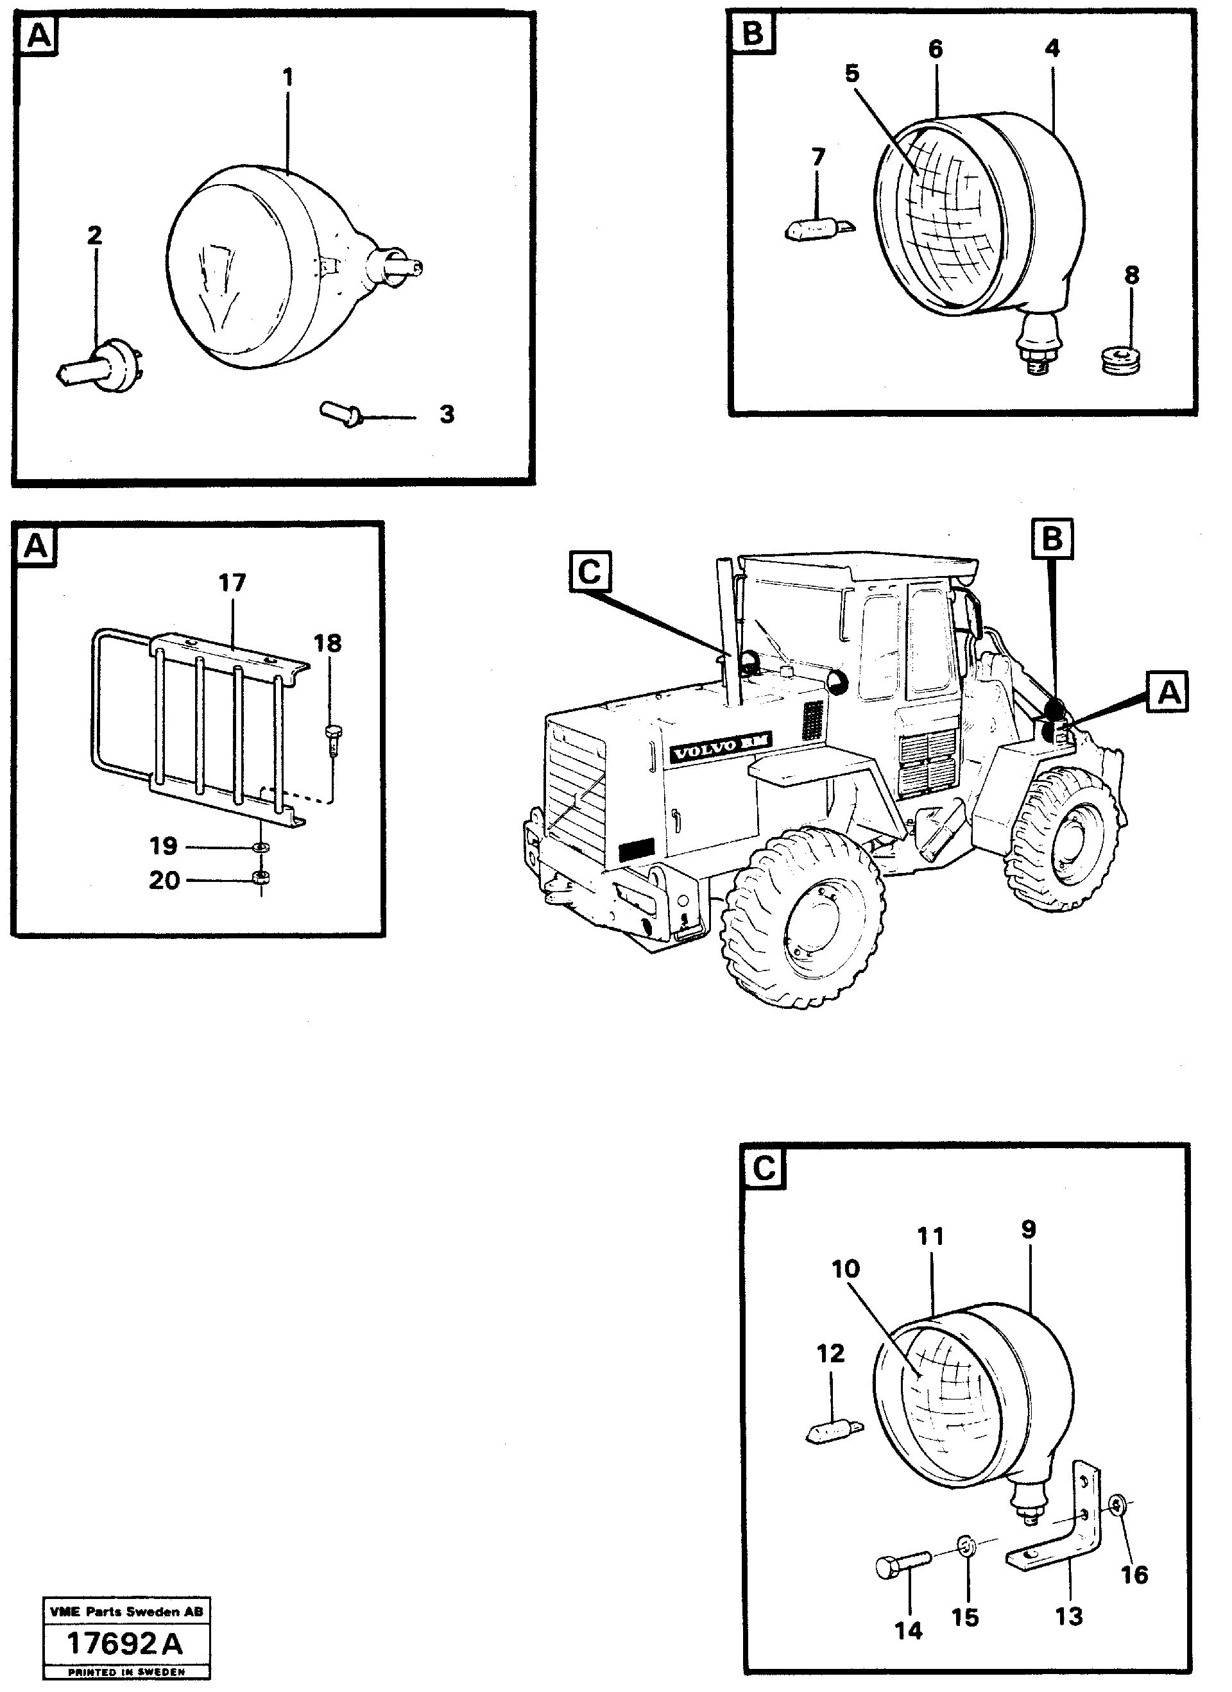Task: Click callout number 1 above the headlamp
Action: coord(288,77)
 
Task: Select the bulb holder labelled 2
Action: coord(102,362)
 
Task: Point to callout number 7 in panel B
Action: coord(818,157)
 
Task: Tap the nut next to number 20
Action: coord(261,877)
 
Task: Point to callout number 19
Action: coord(164,846)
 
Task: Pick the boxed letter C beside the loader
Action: coord(590,571)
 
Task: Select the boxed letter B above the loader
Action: coord(1052,539)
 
